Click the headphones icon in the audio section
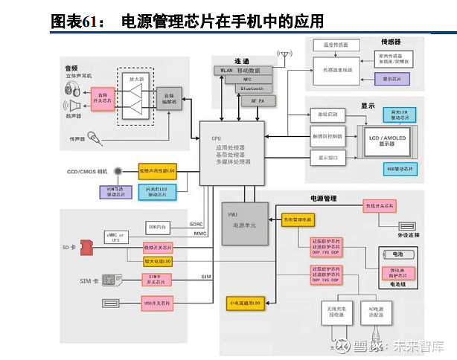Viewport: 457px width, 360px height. [x=71, y=90]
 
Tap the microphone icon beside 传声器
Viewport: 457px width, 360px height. [x=94, y=137]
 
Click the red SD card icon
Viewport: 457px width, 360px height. [x=86, y=245]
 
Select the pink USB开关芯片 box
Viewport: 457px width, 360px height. [x=157, y=303]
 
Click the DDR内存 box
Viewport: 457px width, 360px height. [x=157, y=226]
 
